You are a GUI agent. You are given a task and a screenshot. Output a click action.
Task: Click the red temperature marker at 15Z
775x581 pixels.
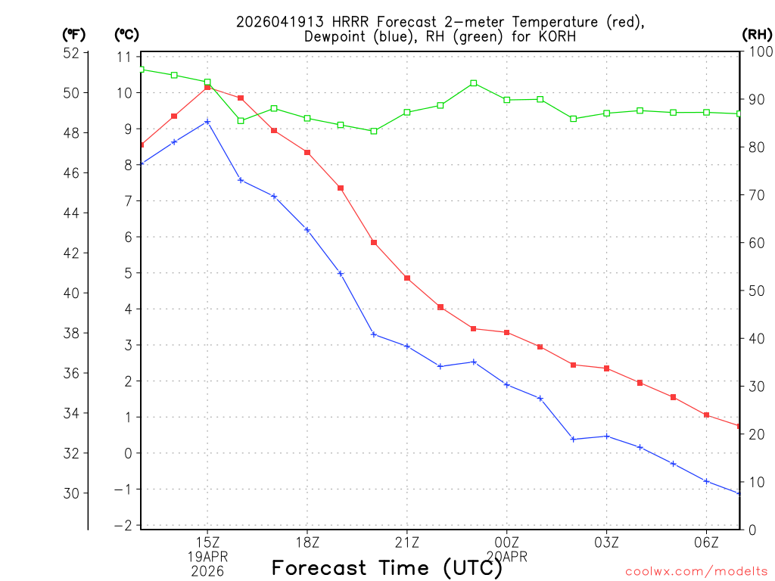pyautogui.click(x=207, y=87)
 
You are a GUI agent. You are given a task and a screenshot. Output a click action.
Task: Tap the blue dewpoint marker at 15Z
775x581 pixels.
pyautogui.click(x=207, y=121)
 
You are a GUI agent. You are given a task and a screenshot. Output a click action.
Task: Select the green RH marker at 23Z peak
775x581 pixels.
pyautogui.click(x=474, y=83)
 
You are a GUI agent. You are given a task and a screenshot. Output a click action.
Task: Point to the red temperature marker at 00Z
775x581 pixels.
pyautogui.click(x=507, y=332)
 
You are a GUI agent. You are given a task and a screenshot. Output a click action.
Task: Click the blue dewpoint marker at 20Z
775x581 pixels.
pyautogui.click(x=374, y=334)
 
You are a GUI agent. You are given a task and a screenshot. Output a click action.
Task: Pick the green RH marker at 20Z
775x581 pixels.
pyautogui.click(x=374, y=131)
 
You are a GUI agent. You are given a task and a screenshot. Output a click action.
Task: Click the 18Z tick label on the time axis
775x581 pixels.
pyautogui.click(x=307, y=542)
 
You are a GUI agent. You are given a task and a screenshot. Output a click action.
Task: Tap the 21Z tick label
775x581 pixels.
pyautogui.click(x=407, y=542)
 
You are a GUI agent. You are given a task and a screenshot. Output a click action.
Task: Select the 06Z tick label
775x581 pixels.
pyautogui.click(x=706, y=542)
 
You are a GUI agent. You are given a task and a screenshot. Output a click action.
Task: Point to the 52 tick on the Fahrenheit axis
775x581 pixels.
pyautogui.click(x=71, y=53)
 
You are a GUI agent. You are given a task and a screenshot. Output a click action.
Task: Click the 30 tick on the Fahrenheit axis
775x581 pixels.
pyautogui.click(x=71, y=493)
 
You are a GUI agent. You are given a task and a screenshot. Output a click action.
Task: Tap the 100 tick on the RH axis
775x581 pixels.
pyautogui.click(x=756, y=51)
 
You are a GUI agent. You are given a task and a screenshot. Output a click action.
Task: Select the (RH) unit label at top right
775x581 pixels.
pyautogui.click(x=756, y=34)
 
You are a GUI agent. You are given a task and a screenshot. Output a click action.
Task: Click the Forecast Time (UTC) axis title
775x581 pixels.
pyautogui.click(x=387, y=567)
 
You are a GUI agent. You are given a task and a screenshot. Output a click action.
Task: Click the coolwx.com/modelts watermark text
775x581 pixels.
pyautogui.click(x=696, y=571)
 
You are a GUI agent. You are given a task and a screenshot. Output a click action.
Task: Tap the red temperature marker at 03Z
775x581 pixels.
pyautogui.click(x=606, y=368)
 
